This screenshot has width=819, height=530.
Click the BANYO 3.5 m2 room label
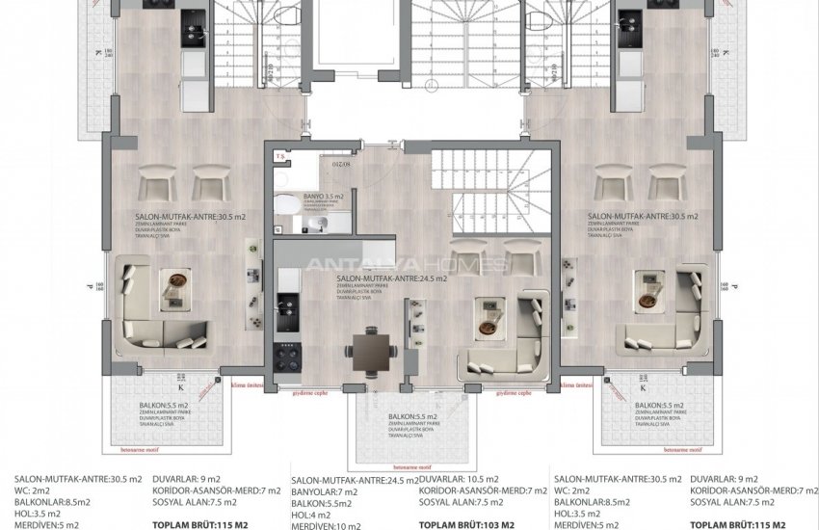pos(315,197)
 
